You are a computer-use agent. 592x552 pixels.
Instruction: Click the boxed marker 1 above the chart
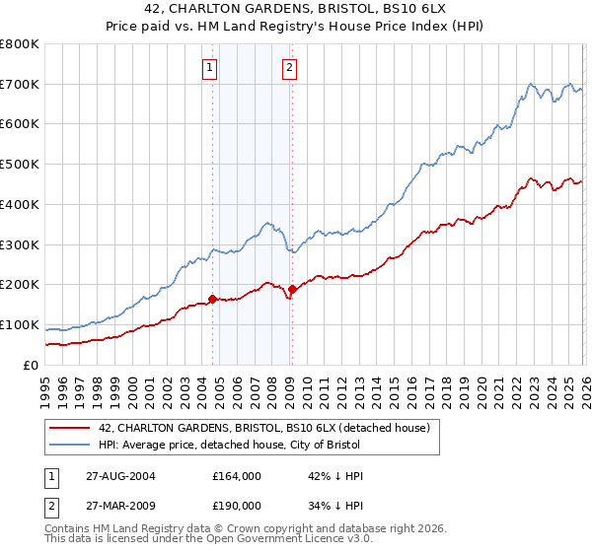pyautogui.click(x=211, y=68)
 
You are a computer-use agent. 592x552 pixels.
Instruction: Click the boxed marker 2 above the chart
pyautogui.click(x=290, y=68)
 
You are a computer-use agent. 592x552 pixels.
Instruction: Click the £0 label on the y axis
pyautogui.click(x=31, y=365)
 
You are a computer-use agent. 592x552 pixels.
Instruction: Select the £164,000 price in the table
pyautogui.click(x=237, y=476)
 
